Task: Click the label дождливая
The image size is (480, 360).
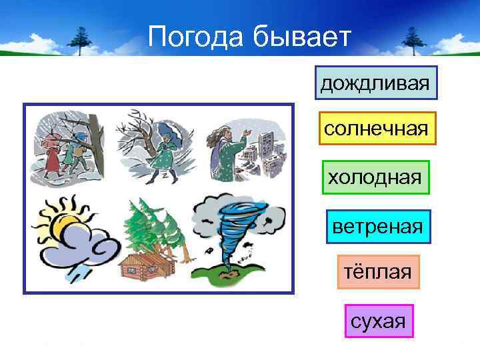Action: click(376, 83)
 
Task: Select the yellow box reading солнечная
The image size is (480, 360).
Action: click(376, 128)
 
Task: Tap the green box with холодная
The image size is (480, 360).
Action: click(375, 177)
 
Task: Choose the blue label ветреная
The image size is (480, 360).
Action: click(378, 227)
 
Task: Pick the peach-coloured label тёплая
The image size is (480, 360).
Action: click(378, 272)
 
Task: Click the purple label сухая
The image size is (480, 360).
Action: click(379, 322)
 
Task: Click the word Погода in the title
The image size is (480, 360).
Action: click(196, 37)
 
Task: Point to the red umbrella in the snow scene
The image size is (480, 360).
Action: click(49, 141)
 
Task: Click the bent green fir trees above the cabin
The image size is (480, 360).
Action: click(150, 227)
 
